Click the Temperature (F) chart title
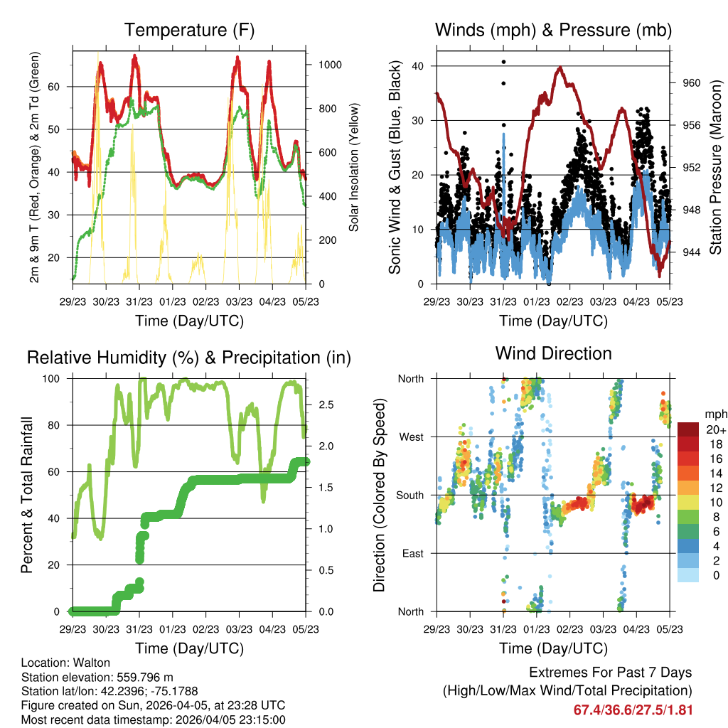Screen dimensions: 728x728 pyautogui.click(x=189, y=31)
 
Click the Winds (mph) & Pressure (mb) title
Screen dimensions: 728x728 pyautogui.click(x=553, y=31)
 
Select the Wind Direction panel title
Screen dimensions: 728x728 pyautogui.click(x=553, y=353)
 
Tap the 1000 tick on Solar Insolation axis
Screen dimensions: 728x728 pyautogui.click(x=329, y=65)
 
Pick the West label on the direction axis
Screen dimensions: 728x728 pyautogui.click(x=410, y=437)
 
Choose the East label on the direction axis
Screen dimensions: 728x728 pyautogui.click(x=412, y=553)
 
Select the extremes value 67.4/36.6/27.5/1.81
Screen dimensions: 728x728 pyautogui.click(x=633, y=710)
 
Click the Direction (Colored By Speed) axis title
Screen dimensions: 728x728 pyautogui.click(x=379, y=495)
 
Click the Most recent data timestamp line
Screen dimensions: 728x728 pyautogui.click(x=154, y=719)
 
